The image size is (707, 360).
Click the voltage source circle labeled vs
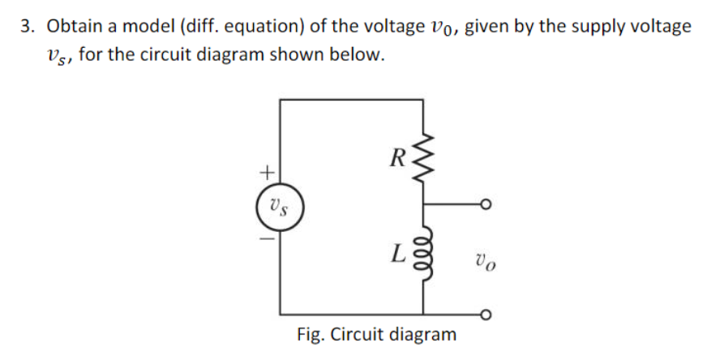point(281,206)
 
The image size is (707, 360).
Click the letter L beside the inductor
point(397,256)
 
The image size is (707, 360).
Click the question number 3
point(28,26)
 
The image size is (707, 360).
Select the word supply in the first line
point(605,26)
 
